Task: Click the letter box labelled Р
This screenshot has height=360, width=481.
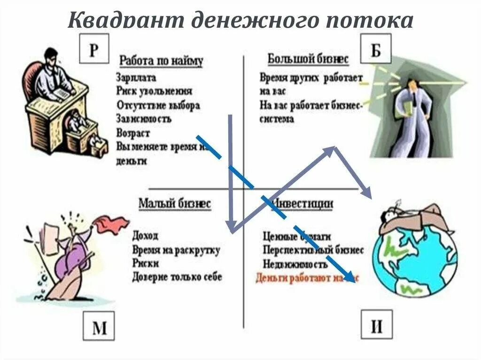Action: pos(94,49)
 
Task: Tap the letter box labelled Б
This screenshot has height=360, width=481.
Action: pos(376,48)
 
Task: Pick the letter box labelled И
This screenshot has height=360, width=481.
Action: pos(377,325)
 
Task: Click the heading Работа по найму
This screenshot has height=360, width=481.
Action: pos(161,61)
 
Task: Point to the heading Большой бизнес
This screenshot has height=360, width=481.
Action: pos(308,60)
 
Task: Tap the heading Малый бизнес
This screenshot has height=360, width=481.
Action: pos(174,204)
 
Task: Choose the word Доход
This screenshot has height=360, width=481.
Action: pos(145,235)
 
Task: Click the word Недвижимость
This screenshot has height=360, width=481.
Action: pos(295,263)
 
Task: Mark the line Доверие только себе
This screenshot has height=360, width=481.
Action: pos(177,277)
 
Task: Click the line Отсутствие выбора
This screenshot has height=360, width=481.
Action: pos(158,105)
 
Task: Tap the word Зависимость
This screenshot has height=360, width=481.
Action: pos(144,119)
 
